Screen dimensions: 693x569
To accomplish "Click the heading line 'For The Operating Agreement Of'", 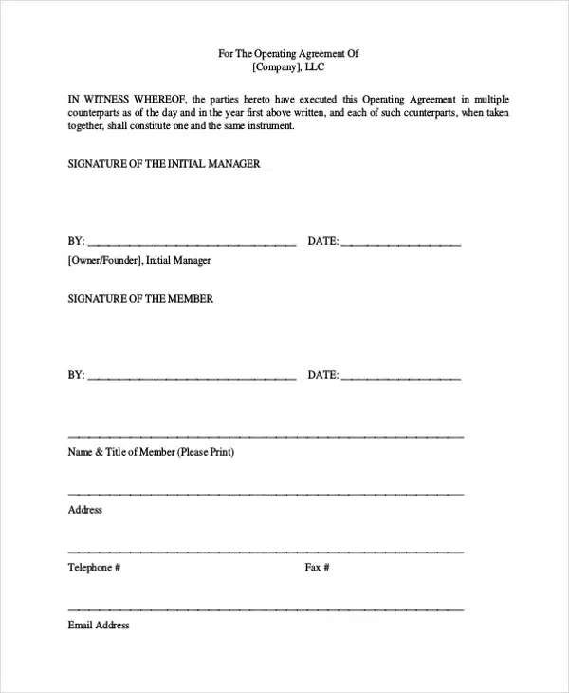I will pyautogui.click(x=289, y=54).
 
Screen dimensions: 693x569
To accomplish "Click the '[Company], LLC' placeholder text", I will pyautogui.click(x=289, y=68).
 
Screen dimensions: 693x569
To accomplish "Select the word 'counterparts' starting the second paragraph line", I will pyautogui.click(x=98, y=112).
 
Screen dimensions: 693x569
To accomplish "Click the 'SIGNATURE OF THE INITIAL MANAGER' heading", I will pyautogui.click(x=164, y=164).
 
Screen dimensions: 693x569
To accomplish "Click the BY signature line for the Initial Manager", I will pyautogui.click(x=193, y=244).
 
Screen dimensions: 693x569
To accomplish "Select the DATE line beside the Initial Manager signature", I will pyautogui.click(x=401, y=244).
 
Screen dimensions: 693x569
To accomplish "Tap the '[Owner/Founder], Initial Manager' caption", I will pyautogui.click(x=139, y=260).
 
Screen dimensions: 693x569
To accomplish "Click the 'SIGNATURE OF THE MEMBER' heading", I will pyautogui.click(x=140, y=299).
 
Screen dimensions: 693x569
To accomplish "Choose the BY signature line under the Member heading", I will pyautogui.click(x=193, y=378).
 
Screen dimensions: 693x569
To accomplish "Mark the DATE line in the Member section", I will pyautogui.click(x=401, y=378).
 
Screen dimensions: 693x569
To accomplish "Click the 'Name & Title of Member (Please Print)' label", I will pyautogui.click(x=151, y=452).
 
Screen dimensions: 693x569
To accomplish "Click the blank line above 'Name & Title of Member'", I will pyautogui.click(x=266, y=436).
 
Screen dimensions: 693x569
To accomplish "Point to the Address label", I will pyautogui.click(x=85, y=510).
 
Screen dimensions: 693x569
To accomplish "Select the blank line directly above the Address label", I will pyautogui.click(x=266, y=494).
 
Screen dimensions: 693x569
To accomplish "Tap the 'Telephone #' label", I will pyautogui.click(x=94, y=568).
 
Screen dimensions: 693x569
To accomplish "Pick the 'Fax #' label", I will pyautogui.click(x=317, y=568).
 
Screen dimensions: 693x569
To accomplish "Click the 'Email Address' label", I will pyautogui.click(x=99, y=626).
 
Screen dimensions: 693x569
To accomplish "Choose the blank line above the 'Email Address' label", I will pyautogui.click(x=266, y=609).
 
